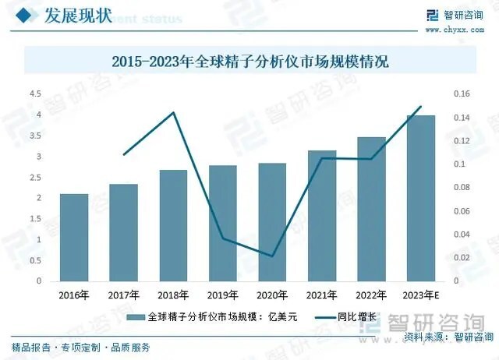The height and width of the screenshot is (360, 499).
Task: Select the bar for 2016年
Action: coord(74,238)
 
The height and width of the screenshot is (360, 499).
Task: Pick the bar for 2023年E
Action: coord(421,198)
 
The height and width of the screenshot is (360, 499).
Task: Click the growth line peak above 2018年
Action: coord(173,113)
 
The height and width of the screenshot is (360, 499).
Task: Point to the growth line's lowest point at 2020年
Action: coord(272,256)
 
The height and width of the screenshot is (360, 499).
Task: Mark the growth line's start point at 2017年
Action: coord(124,154)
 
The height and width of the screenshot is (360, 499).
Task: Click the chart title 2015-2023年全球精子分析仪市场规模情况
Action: coord(249,61)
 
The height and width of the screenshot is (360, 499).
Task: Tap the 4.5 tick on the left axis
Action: coord(35,94)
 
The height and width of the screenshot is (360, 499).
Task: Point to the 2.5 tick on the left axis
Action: coord(35,178)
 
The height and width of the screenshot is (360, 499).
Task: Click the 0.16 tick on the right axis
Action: coord(463,94)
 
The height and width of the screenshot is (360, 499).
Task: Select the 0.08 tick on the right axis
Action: coord(463,188)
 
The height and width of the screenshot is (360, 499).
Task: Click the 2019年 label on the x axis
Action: coord(223,295)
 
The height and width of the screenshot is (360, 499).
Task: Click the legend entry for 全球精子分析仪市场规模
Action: coord(211,318)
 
